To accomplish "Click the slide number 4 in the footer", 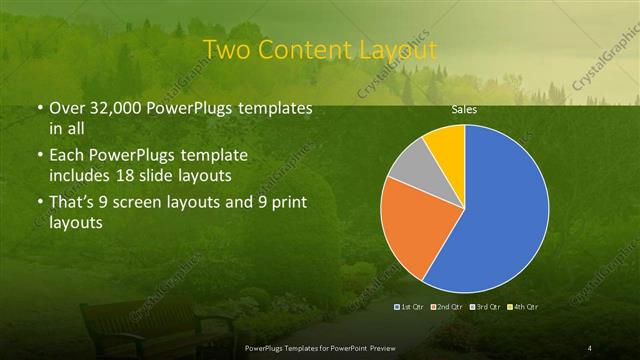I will (590, 347).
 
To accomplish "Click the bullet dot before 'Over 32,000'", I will (39, 108).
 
